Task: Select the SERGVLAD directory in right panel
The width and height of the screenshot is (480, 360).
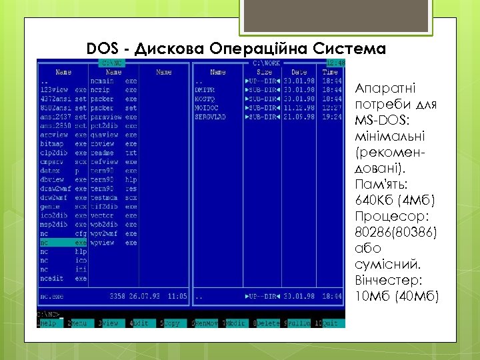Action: pos(211,117)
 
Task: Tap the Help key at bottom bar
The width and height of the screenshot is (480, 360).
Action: pos(48,323)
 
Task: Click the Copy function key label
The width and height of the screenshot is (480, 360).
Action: pos(171,323)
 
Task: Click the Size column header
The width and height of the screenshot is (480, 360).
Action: pos(265,72)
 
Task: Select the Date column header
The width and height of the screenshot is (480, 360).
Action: pos(299,72)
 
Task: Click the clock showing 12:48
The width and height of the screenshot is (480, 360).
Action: pos(335,63)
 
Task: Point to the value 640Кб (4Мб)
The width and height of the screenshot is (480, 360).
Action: pos(395,201)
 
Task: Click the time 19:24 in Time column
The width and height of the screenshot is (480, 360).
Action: pos(331,117)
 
